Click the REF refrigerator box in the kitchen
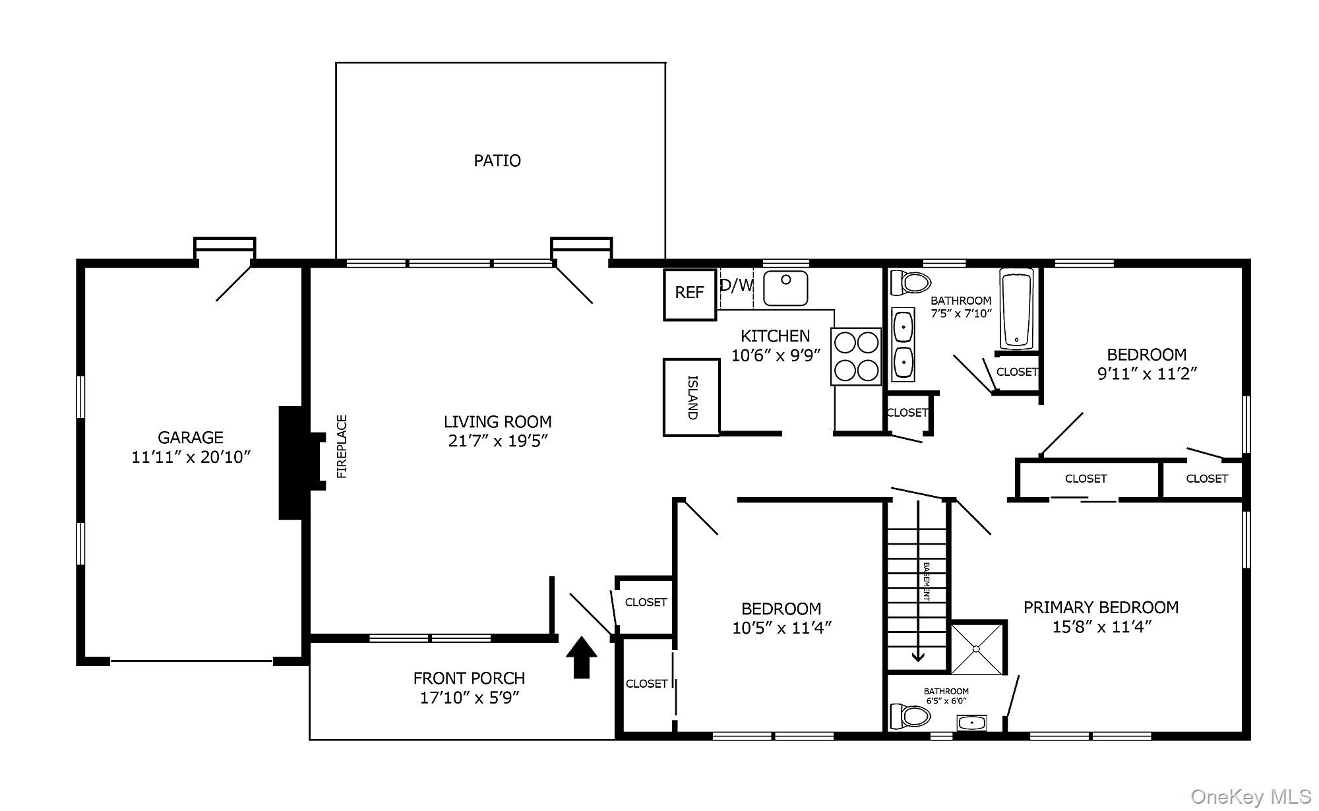(689, 294)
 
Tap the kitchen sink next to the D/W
(785, 288)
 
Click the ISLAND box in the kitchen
(691, 398)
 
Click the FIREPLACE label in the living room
(342, 446)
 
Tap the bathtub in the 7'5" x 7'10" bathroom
(1016, 308)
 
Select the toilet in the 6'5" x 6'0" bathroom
(909, 716)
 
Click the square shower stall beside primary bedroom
(977, 648)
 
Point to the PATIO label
(497, 161)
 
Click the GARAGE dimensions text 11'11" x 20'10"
(191, 457)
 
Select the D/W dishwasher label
(736, 285)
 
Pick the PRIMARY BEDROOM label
(1101, 607)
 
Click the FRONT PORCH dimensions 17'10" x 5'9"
(470, 698)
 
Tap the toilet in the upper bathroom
(909, 283)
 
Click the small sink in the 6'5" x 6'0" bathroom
(971, 723)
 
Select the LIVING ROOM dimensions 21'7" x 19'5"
(498, 441)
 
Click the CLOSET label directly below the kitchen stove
(907, 413)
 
